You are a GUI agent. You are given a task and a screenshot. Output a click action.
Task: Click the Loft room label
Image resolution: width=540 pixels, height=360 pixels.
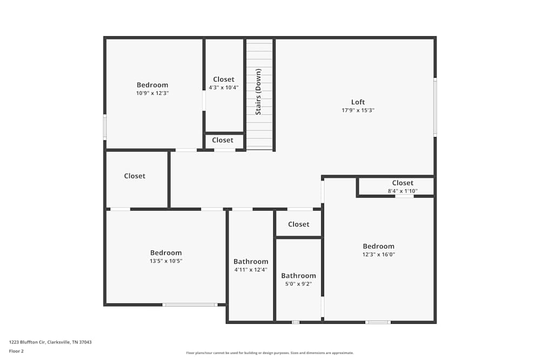point(358,102)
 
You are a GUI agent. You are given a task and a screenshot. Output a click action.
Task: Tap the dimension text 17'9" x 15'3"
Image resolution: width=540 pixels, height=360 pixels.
point(358,110)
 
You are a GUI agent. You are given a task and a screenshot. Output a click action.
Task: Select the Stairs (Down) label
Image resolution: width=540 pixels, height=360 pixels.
point(259,92)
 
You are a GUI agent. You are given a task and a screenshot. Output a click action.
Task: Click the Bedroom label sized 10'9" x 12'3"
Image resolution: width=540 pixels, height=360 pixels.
point(152,85)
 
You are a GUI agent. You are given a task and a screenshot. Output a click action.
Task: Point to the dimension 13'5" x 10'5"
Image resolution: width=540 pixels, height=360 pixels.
point(166,261)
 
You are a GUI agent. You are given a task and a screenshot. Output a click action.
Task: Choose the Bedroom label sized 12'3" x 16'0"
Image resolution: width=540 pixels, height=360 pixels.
point(379,246)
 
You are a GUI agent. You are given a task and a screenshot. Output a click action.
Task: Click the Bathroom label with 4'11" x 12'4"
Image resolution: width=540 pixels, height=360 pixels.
point(251,262)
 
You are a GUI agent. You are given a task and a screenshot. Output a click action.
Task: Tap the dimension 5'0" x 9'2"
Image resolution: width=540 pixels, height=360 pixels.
point(298,283)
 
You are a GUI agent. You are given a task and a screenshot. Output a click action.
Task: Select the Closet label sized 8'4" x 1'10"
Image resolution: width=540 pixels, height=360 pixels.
point(403,183)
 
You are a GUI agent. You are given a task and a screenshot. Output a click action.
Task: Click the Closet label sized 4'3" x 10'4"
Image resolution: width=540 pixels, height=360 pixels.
point(224,79)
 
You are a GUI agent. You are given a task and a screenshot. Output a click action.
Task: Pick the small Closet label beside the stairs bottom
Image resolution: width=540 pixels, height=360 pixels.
point(222,140)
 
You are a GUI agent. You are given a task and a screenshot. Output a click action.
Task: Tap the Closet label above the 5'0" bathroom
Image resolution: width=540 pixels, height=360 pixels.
point(299,224)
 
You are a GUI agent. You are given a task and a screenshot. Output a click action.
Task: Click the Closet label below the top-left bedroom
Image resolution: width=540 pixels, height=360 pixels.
point(134,176)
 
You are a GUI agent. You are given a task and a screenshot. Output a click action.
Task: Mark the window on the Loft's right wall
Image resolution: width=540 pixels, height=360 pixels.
point(435,107)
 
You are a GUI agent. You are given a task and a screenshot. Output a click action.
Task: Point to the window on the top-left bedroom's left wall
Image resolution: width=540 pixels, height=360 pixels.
point(105,127)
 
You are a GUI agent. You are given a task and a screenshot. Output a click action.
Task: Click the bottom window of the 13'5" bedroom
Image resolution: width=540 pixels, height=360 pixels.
point(190,305)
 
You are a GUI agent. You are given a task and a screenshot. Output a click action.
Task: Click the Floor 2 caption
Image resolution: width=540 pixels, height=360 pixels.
point(16,351)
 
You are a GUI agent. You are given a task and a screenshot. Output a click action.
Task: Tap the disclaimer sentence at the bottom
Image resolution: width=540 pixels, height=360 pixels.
point(270,353)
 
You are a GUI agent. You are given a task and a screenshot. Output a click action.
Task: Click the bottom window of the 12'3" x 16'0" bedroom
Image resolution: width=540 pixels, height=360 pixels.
point(377,322)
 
